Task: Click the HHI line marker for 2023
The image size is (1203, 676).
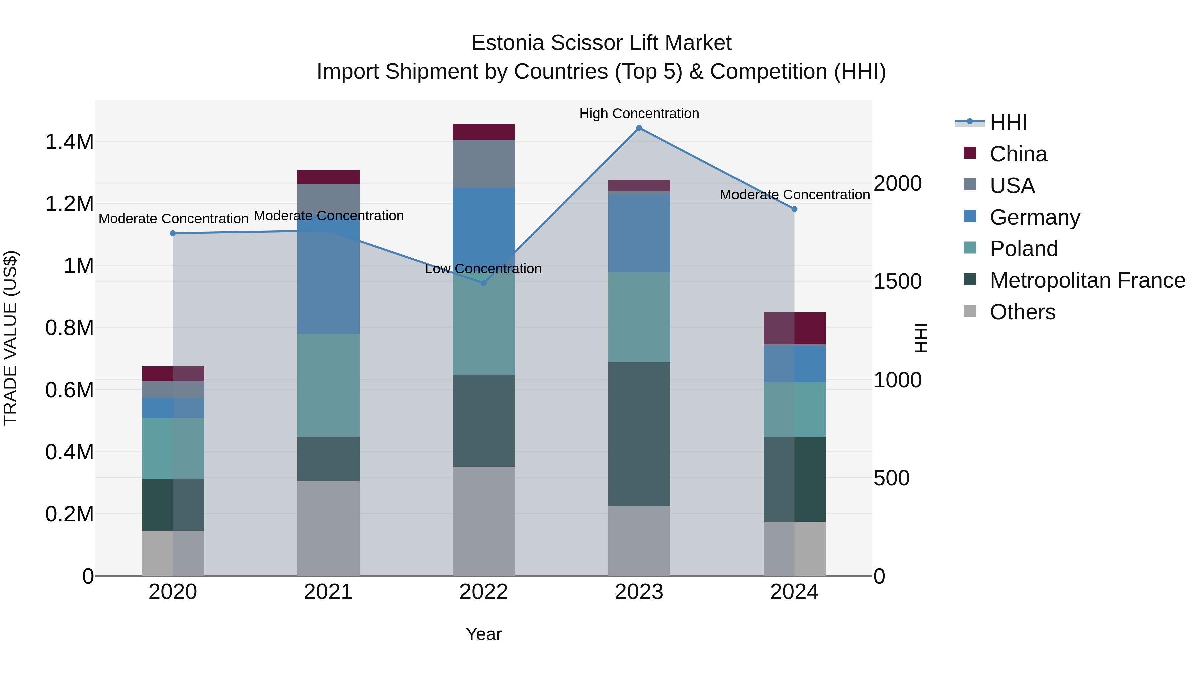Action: coord(639,128)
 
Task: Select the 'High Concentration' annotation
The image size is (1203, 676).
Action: coord(639,114)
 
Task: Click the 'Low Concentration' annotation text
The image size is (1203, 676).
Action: coord(483,269)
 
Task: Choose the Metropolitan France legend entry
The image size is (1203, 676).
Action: coord(1087,280)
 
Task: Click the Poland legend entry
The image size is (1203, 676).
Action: coord(1023,249)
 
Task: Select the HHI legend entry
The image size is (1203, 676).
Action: coord(1008,122)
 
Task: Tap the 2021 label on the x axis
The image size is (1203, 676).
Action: coord(328,592)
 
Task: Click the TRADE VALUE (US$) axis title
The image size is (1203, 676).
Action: coord(10,338)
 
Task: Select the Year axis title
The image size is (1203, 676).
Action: coord(483,634)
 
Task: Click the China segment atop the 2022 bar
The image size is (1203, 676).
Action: coord(484,132)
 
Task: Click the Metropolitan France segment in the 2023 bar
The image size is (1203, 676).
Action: coord(639,434)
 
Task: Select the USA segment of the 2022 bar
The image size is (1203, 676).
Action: coord(484,163)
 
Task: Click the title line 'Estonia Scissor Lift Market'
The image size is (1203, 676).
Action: coord(601,43)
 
